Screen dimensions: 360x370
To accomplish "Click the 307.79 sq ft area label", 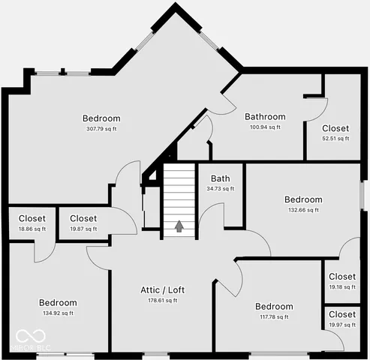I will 101,129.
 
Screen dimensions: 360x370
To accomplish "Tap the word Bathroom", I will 265,117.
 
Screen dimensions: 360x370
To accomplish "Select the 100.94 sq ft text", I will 265,127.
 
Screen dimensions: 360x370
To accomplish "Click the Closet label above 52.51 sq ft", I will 335,128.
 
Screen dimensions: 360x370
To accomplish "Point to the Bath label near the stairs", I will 220,178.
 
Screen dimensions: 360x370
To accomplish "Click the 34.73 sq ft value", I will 220,188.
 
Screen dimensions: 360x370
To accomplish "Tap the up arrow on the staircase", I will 179,226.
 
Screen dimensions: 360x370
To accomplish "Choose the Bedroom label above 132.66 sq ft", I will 303,199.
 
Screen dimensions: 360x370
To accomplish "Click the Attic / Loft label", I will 162,290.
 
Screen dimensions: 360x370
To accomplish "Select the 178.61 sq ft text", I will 162,300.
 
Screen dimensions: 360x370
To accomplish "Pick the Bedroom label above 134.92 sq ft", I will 58,303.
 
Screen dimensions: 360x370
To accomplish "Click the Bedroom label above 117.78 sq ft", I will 273,306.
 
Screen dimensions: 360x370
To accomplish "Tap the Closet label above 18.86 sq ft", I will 32,218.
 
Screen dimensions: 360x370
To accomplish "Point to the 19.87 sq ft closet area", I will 83,229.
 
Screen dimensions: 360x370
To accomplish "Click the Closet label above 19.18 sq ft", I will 342,277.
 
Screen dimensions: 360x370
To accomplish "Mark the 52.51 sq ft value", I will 335,138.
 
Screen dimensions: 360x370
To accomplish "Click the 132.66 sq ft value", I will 303,210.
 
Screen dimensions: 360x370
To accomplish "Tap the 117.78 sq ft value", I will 273,316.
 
